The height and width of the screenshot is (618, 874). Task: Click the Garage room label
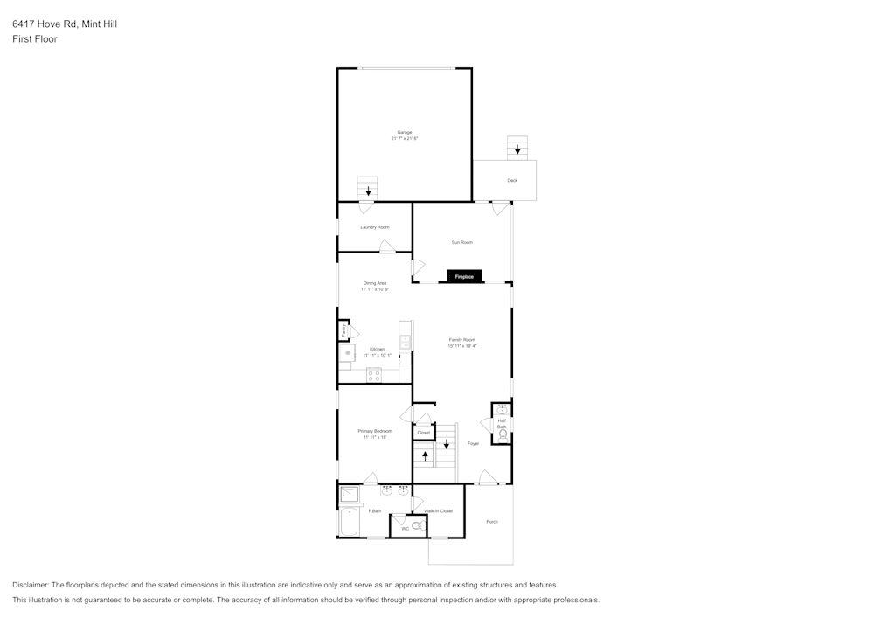pos(405,132)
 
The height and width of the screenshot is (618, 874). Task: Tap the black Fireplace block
pos(464,276)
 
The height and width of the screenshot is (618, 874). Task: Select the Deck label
pos(512,181)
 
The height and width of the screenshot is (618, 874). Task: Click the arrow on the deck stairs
pos(517,149)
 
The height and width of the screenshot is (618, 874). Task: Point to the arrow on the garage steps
pos(368,190)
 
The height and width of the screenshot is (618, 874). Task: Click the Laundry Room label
pos(375,227)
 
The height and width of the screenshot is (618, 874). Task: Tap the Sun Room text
pos(461,242)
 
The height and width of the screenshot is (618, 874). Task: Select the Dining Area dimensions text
pos(375,289)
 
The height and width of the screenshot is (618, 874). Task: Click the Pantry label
pos(344,331)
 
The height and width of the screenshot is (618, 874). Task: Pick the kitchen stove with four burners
pos(374,375)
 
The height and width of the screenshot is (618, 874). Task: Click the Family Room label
pos(462,339)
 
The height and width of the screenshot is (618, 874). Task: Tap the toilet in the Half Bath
pos(503,433)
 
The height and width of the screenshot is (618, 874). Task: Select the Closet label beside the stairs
pos(423,433)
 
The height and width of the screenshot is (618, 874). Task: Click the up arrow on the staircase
pos(426,455)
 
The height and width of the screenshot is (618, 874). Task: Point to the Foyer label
pos(473,443)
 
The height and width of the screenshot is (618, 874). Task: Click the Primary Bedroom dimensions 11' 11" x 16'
pos(375,437)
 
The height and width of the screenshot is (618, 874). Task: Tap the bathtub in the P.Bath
pos(350,522)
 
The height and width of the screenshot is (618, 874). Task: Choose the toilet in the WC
pos(417,526)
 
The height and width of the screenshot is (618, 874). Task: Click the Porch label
pos(492,522)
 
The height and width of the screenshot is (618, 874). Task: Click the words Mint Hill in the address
pos(100,24)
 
